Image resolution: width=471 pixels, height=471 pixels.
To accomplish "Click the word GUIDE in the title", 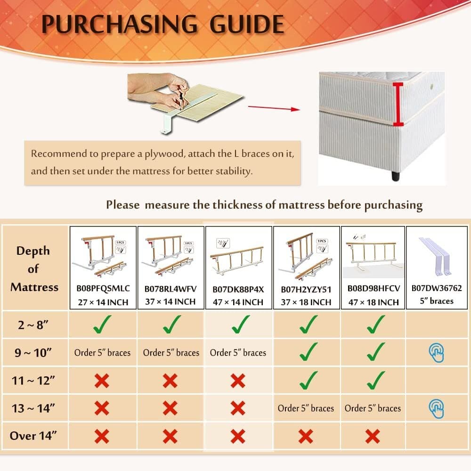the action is [247, 24].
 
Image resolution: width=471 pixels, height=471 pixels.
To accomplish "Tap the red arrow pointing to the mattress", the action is [274, 108].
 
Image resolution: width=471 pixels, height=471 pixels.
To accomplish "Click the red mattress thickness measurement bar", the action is [398, 104].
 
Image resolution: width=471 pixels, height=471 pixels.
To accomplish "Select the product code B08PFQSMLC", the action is [103, 288].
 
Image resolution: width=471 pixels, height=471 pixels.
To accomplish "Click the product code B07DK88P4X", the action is [238, 289].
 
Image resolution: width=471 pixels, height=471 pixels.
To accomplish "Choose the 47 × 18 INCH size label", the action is [374, 302].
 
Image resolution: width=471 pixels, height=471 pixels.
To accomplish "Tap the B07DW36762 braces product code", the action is [437, 288].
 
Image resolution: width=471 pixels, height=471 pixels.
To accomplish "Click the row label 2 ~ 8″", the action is [33, 325].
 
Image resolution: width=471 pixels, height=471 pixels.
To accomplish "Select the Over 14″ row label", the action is [33, 436].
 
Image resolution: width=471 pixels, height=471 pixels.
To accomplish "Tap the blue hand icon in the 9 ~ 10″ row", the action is [437, 353].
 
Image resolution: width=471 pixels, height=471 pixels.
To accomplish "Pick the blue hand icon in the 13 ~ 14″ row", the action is [437, 408].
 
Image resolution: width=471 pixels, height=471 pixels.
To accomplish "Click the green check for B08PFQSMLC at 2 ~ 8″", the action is [102, 325].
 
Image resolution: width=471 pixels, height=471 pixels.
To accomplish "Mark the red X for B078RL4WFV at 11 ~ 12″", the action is [170, 381].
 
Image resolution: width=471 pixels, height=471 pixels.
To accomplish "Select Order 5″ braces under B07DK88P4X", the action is [238, 353].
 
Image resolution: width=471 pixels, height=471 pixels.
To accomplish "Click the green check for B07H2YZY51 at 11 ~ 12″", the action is [308, 380].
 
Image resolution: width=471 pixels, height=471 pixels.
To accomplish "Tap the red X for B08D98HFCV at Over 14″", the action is [373, 436].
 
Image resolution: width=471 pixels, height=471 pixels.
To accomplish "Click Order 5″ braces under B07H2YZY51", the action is [306, 408].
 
